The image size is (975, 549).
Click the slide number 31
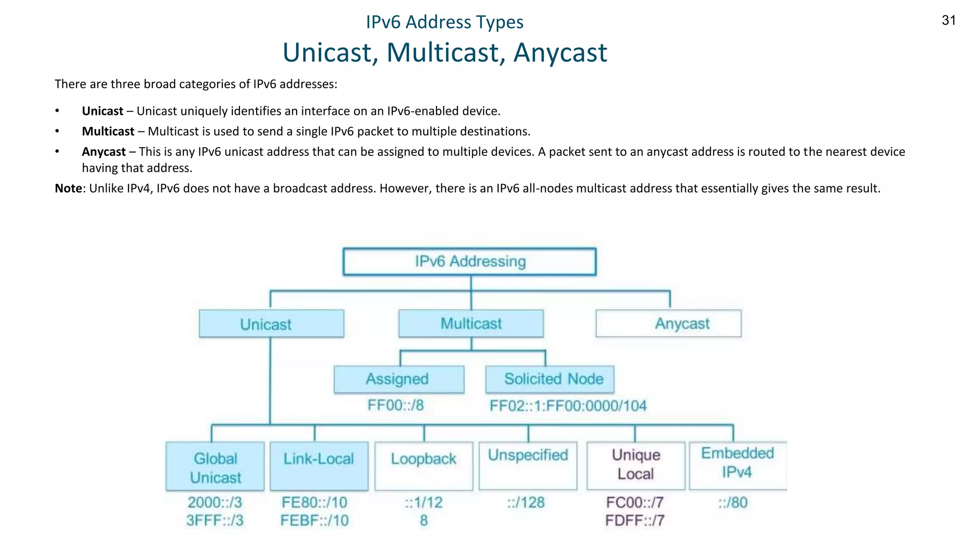(948, 20)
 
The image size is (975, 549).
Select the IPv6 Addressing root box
(469, 262)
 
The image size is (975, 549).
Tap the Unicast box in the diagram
(271, 324)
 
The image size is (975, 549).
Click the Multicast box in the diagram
(471, 324)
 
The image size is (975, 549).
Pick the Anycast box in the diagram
(668, 324)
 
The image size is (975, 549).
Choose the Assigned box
(399, 379)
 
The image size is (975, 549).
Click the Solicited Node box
(550, 379)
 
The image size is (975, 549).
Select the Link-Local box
(319, 466)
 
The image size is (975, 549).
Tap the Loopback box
(424, 466)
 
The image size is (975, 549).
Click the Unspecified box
(528, 465)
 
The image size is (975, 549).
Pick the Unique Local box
(636, 465)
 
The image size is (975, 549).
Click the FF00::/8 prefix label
(395, 406)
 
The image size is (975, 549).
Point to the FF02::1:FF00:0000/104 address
(568, 406)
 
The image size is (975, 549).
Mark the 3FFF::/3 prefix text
(215, 520)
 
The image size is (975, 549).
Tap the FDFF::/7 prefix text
(635, 520)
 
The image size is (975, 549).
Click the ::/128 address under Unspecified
(526, 502)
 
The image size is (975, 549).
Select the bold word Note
(69, 188)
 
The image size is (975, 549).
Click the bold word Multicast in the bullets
(108, 132)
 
